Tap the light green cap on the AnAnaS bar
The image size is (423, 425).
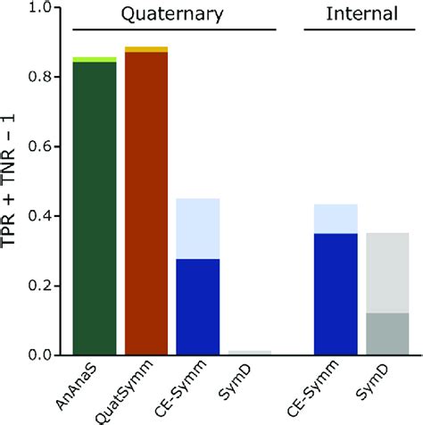click(x=95, y=59)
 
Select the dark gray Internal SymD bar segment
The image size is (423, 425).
click(x=387, y=334)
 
